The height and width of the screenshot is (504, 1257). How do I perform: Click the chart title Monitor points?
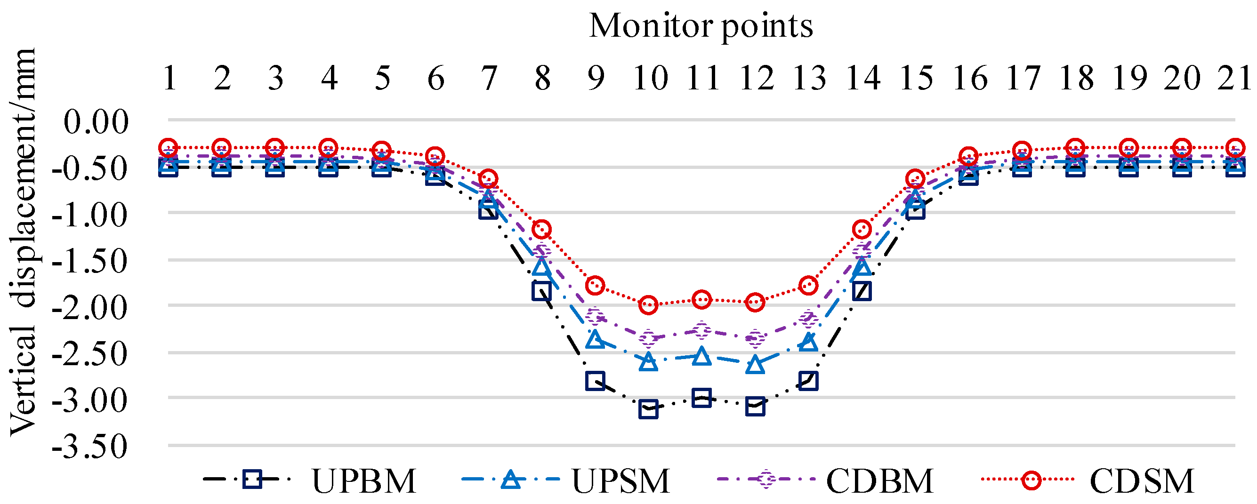click(701, 25)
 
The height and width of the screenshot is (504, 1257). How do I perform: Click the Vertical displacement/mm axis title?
click(24, 241)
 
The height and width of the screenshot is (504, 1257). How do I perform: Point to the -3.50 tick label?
click(90, 446)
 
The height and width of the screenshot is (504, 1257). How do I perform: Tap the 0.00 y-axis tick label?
click(96, 121)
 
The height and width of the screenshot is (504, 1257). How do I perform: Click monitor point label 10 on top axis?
click(650, 78)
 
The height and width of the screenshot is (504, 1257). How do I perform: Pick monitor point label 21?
click(1233, 78)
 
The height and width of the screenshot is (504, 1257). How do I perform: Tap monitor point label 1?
click(169, 78)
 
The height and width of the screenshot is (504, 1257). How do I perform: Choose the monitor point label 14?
click(863, 78)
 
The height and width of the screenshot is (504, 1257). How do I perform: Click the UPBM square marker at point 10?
click(648, 409)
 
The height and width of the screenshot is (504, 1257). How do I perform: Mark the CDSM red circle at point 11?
click(701, 299)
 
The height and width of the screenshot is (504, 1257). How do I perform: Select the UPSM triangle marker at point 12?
click(755, 364)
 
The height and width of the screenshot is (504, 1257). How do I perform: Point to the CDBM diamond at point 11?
click(701, 330)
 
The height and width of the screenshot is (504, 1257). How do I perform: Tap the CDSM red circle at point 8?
click(542, 229)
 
